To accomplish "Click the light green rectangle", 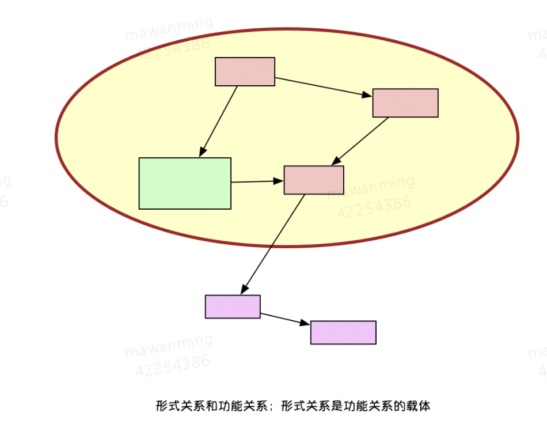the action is click(x=185, y=183).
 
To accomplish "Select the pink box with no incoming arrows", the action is click(x=245, y=71).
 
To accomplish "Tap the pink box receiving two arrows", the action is click(x=314, y=180).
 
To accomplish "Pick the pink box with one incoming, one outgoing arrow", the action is click(x=405, y=103).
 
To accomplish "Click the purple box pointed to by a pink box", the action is click(x=233, y=306).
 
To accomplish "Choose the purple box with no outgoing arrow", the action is click(x=343, y=332).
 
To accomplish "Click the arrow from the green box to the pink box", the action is click(x=257, y=181).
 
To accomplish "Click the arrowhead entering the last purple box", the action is click(x=305, y=324).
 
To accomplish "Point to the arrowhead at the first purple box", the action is click(x=244, y=289).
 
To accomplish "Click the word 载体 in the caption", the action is click(x=417, y=406).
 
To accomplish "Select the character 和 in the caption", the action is click(x=211, y=406).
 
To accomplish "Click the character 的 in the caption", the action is click(x=398, y=406).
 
